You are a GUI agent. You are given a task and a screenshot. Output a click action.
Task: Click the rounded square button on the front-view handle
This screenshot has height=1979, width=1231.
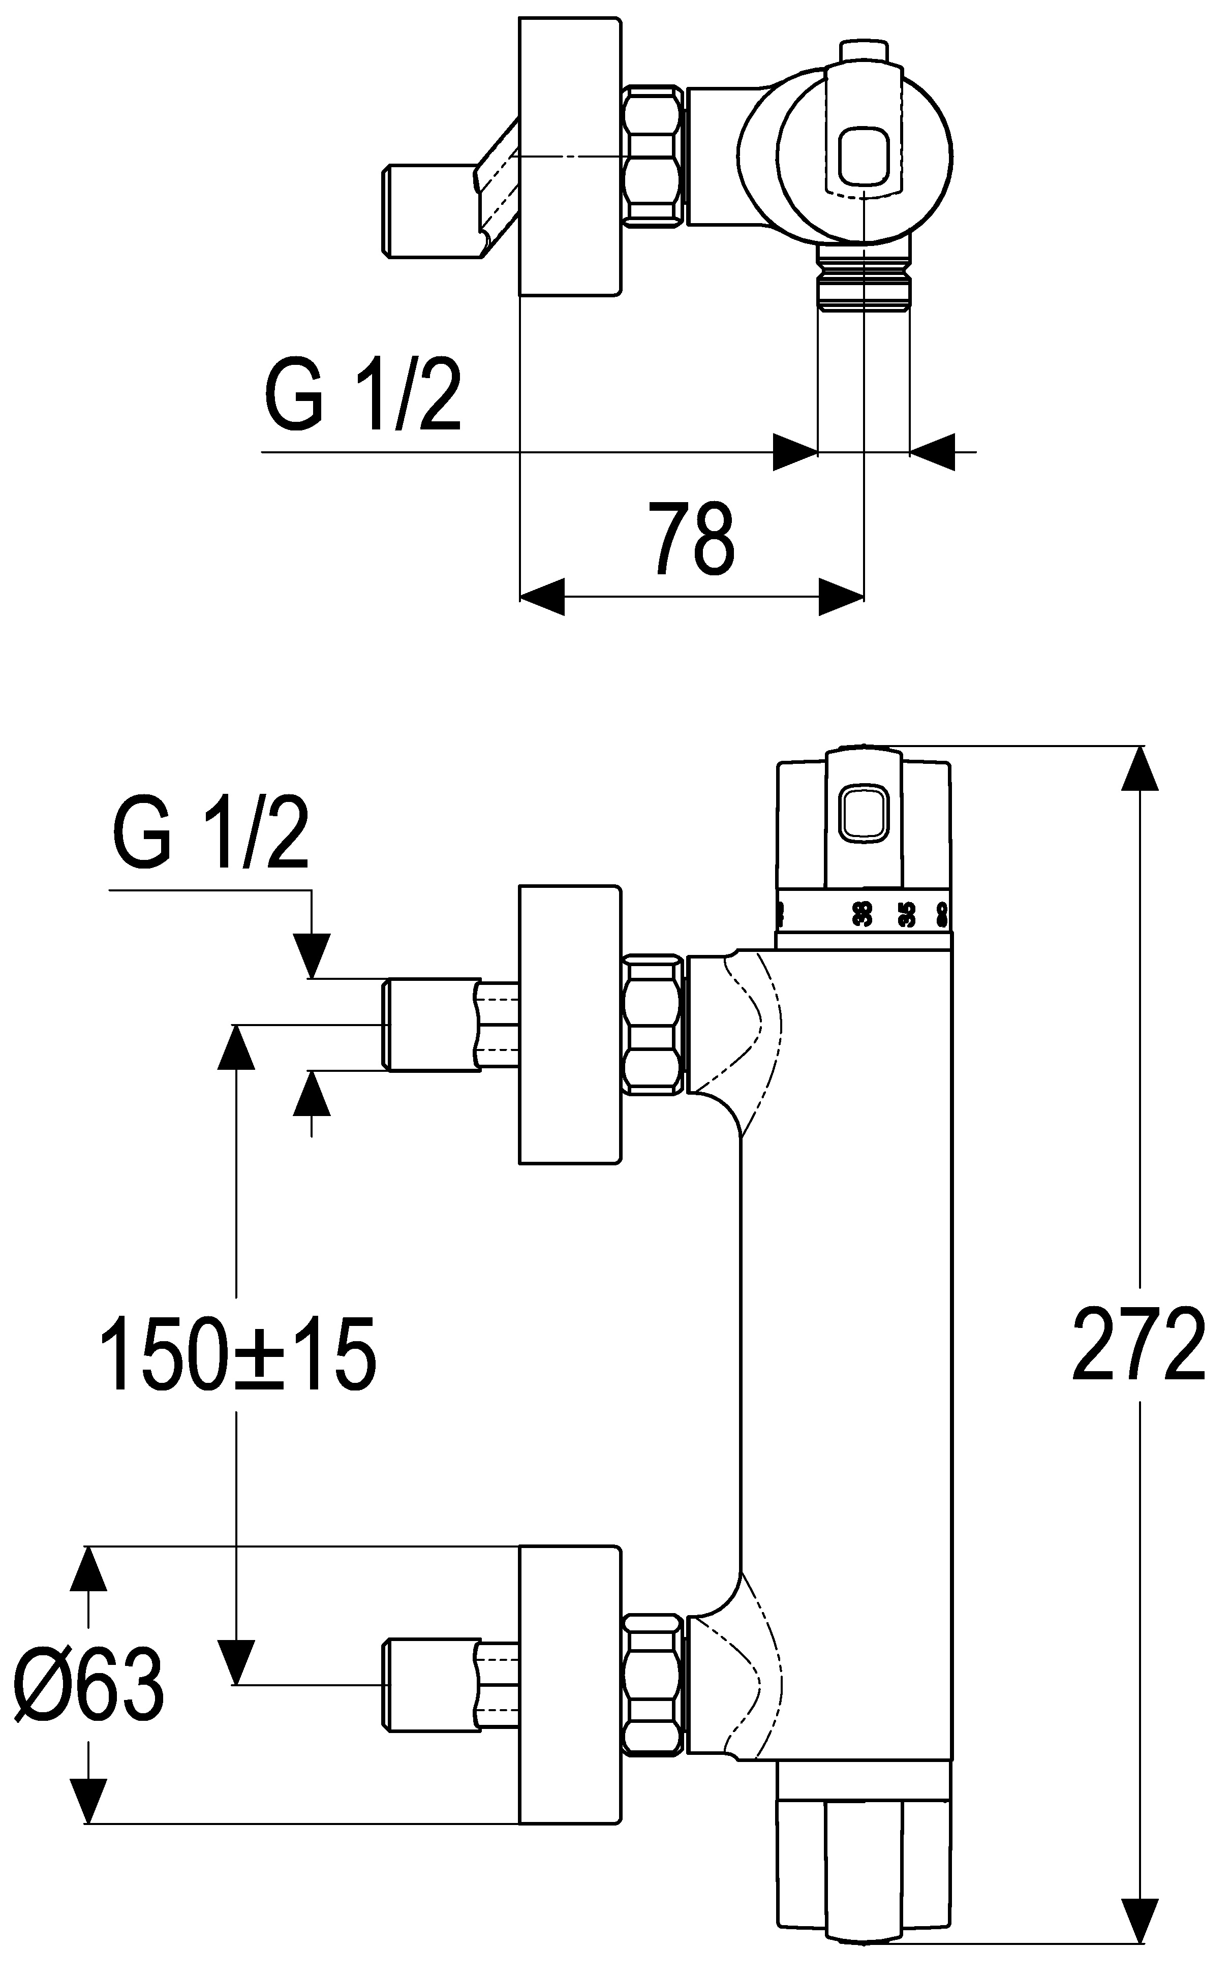[x=864, y=812]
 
